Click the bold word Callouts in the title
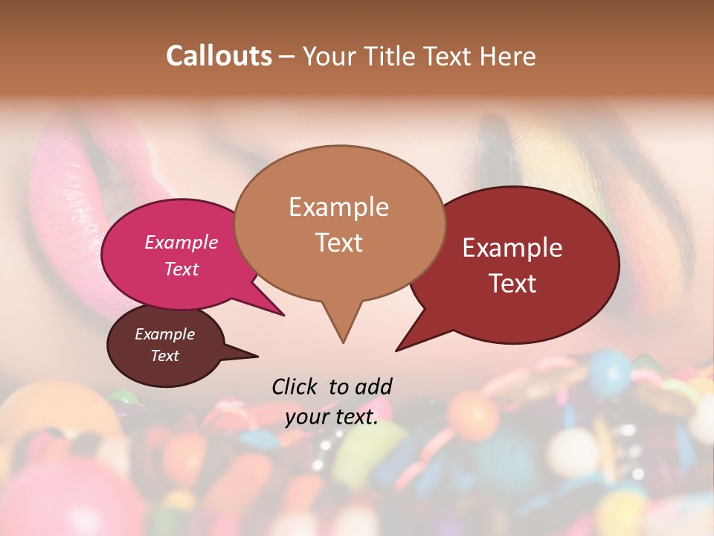pos(219,56)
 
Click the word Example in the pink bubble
pos(181,242)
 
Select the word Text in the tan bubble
pos(339,242)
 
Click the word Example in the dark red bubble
pos(512,248)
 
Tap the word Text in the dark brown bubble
pos(165,356)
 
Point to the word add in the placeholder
pos(374,386)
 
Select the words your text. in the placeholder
pos(332,417)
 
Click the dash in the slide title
pos(288,56)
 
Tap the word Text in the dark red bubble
pos(513,283)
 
